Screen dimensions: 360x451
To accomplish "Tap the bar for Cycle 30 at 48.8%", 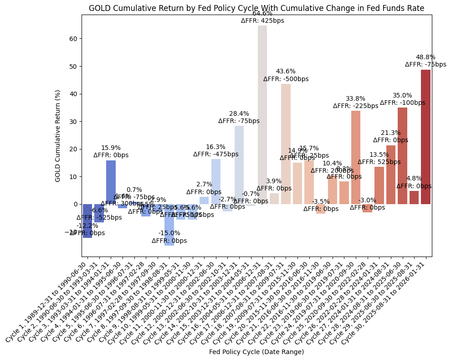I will tap(425, 137).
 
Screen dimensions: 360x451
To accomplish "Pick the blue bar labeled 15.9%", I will tap(111, 182).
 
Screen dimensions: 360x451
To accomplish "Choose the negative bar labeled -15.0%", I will tap(169, 225).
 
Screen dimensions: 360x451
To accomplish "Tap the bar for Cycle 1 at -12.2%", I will tap(87, 221).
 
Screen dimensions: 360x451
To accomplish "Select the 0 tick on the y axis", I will tap(76, 204).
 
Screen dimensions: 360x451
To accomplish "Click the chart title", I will tap(256, 8).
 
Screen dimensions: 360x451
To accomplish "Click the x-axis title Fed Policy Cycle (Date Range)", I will tap(256, 352).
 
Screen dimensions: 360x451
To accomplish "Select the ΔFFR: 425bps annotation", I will tap(262, 21).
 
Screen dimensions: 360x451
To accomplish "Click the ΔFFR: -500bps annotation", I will tap(286, 79).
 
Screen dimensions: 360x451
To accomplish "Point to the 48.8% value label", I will tap(425, 57).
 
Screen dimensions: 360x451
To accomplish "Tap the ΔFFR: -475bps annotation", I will tap(215, 154).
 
